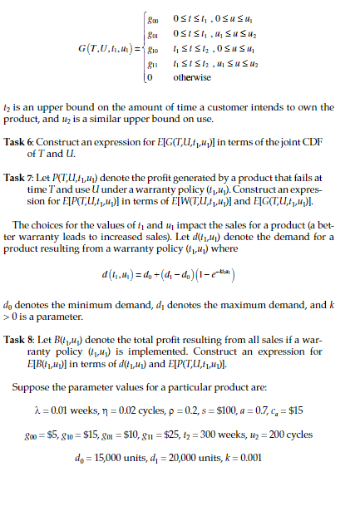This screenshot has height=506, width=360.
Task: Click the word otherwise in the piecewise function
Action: [191, 78]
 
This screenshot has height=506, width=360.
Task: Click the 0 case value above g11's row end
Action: [150, 78]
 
